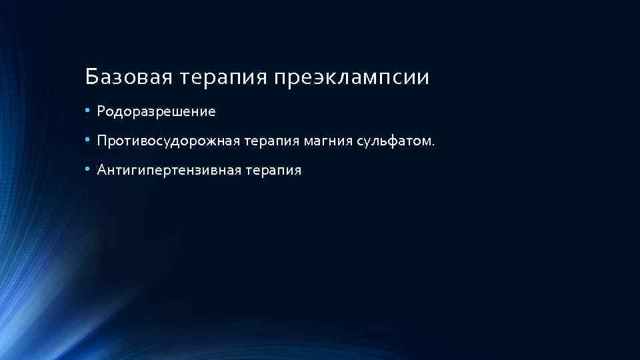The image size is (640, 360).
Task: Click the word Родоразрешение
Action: tap(156, 112)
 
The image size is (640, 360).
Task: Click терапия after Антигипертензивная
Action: tap(274, 171)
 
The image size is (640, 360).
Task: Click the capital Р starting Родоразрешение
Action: tap(101, 111)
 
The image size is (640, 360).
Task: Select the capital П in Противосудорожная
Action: tap(102, 141)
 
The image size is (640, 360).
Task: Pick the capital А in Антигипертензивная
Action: tap(102, 170)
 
